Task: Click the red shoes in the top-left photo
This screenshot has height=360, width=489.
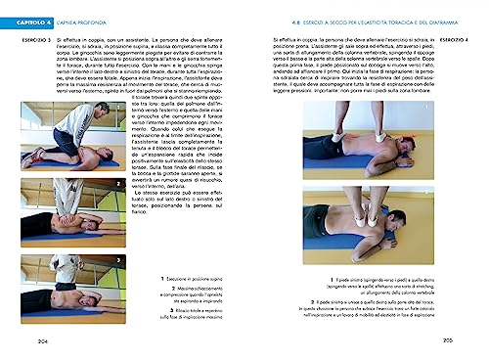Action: pos(35,155)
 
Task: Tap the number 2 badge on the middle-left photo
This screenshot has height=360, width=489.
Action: pos(25,184)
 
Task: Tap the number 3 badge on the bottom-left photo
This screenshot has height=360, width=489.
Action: pos(25,259)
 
